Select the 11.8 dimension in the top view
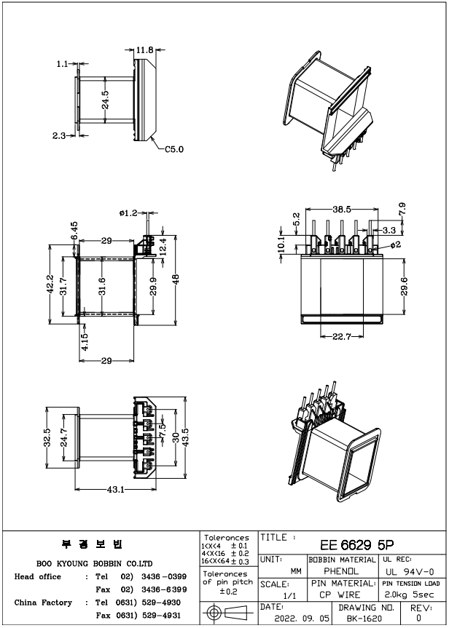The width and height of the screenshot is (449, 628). coord(145,50)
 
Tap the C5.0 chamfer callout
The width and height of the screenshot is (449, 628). coord(174,148)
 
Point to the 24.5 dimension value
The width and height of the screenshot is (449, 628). coord(105,98)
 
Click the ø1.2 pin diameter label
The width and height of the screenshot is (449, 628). coord(128,213)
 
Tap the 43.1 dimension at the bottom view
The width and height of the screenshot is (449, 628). coord(114,490)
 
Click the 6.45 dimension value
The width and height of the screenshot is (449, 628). coord(74,231)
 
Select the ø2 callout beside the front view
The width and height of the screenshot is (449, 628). coord(396,245)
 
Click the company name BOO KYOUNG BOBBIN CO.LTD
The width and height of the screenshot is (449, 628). coord(94,563)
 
